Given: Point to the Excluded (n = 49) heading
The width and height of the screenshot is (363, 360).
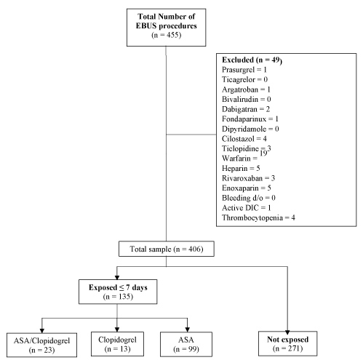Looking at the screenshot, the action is click(252, 60).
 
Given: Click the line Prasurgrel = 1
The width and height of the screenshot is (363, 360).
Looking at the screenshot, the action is click(244, 70).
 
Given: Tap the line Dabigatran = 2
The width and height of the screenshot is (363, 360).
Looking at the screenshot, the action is click(246, 109).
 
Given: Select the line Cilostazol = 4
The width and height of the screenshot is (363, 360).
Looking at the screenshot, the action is click(244, 139).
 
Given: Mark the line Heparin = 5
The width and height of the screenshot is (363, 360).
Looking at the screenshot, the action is click(241, 168).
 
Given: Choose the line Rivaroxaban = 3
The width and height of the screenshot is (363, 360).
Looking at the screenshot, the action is click(248, 178).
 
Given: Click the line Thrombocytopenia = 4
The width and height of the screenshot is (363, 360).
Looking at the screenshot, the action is click(258, 217).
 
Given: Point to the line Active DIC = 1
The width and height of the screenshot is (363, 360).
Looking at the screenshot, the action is click(246, 208).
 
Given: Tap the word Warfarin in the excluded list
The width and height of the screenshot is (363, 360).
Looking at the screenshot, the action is click(236, 159).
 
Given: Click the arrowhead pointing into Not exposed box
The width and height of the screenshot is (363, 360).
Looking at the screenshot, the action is click(287, 332).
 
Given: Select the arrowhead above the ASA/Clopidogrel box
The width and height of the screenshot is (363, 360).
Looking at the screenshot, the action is click(42, 331).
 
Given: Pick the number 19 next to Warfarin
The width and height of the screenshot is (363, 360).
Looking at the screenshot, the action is click(263, 153).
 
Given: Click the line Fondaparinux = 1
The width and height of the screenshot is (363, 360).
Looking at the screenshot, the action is click(250, 119).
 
